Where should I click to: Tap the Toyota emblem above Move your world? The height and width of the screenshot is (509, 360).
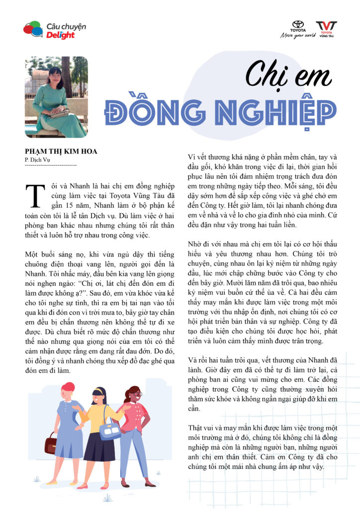coord(298,25)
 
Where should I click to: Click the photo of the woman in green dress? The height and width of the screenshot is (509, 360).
coord(56,96)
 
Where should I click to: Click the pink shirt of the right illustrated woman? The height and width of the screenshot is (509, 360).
coord(133,415)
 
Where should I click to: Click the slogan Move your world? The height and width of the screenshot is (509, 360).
coord(298,35)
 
